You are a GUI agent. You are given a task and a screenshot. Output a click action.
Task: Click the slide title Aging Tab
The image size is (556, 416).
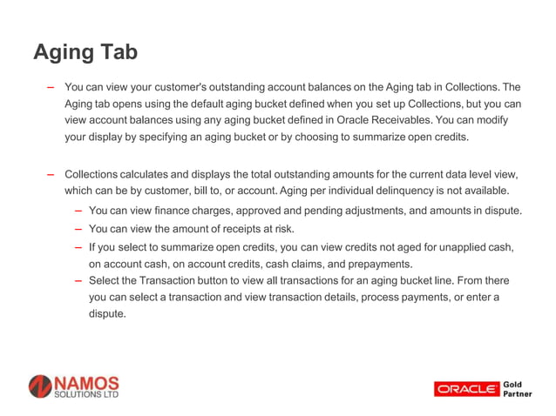click(x=85, y=53)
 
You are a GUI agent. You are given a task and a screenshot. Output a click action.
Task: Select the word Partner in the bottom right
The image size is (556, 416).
click(x=519, y=394)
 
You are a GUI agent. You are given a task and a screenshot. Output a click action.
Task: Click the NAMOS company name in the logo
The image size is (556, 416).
click(x=85, y=383)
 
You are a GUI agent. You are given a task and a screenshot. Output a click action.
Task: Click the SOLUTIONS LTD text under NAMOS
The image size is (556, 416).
click(x=85, y=395)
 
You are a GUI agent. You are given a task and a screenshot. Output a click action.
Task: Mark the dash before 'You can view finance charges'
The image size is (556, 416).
click(x=79, y=211)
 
